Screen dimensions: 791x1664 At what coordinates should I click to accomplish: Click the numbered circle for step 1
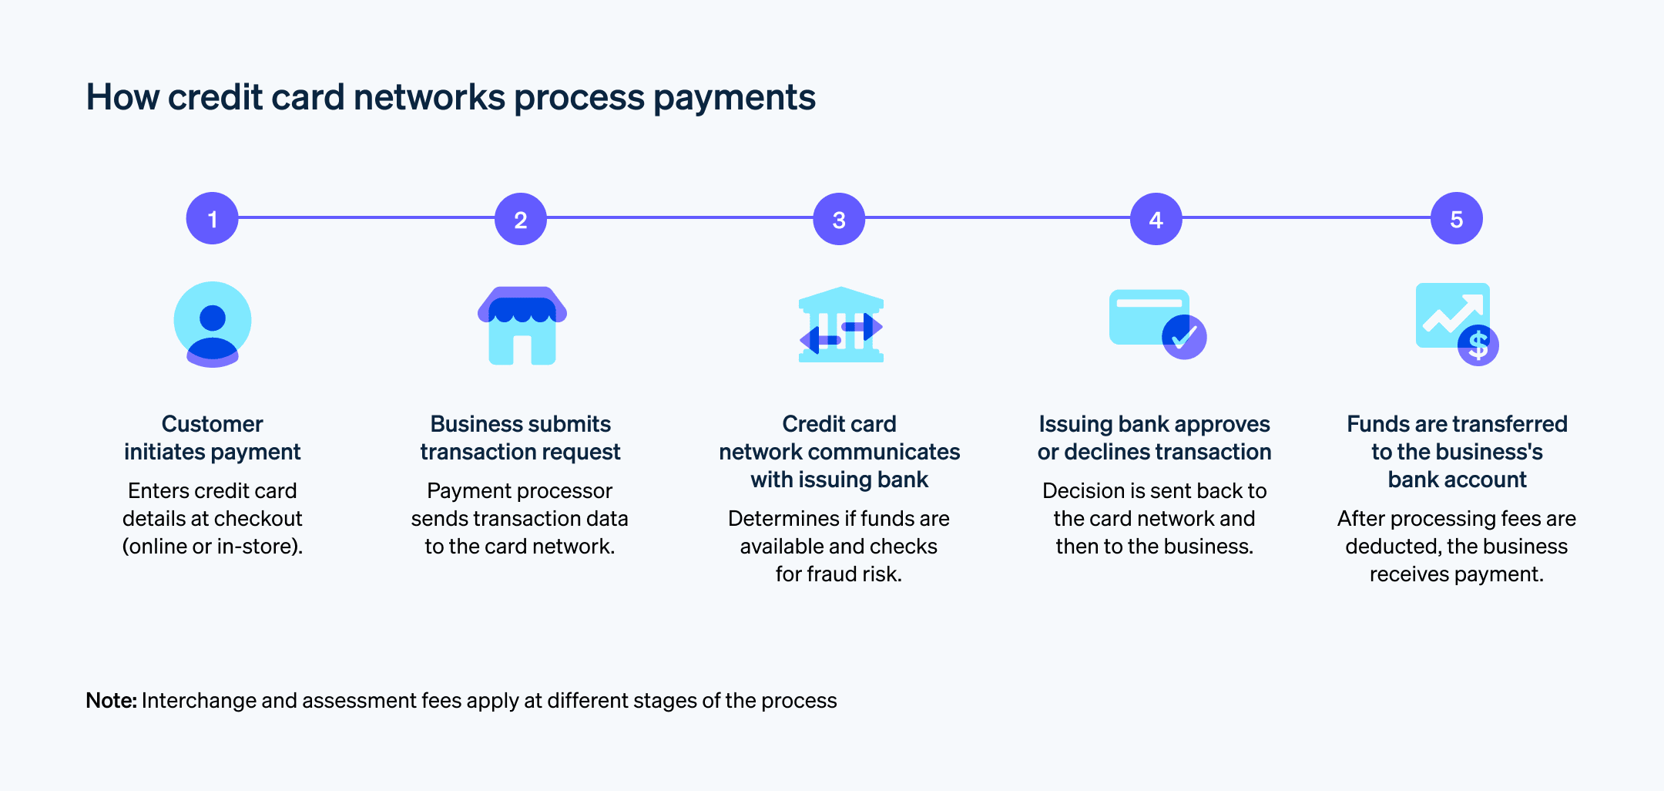click(x=212, y=219)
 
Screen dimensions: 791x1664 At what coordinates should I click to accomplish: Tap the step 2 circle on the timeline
click(x=521, y=219)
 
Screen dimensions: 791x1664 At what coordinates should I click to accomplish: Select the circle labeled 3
click(x=839, y=219)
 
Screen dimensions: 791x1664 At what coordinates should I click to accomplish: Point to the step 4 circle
click(x=1156, y=219)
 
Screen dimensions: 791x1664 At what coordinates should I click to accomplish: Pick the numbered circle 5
click(x=1456, y=219)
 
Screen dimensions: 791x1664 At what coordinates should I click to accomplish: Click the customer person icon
click(x=212, y=324)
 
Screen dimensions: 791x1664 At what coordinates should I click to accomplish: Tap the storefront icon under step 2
click(x=522, y=325)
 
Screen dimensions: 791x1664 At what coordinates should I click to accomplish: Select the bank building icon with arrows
click(x=840, y=325)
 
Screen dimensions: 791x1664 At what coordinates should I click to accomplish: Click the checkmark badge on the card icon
click(x=1184, y=337)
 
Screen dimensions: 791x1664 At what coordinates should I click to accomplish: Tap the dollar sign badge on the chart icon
click(x=1478, y=345)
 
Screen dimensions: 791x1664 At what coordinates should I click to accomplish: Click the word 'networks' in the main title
click(x=429, y=98)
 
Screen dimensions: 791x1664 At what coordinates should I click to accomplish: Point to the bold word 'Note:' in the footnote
click(x=111, y=700)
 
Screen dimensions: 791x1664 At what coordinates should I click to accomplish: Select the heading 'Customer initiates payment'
click(x=212, y=438)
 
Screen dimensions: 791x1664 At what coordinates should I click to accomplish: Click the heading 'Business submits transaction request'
click(x=520, y=438)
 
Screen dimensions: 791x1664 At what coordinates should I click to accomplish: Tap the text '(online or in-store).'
click(x=212, y=547)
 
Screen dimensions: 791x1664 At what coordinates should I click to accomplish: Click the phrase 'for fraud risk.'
click(x=838, y=574)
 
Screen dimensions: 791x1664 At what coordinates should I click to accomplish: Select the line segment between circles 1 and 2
click(x=366, y=218)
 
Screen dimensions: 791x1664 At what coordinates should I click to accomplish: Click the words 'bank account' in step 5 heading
click(x=1457, y=480)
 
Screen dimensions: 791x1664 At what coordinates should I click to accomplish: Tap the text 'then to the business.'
click(x=1154, y=547)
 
